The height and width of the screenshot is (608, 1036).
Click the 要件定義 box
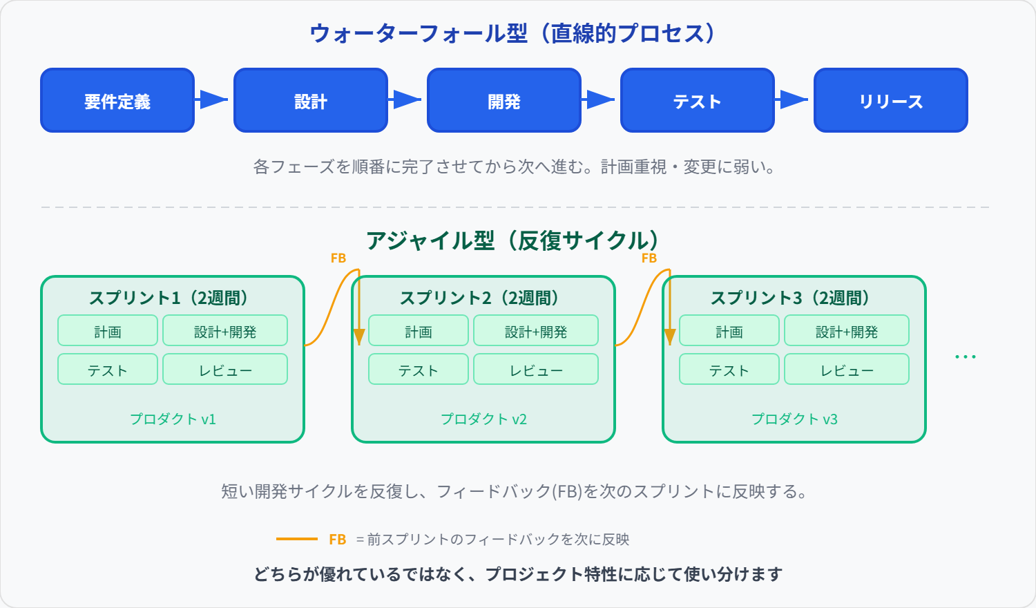click(x=117, y=100)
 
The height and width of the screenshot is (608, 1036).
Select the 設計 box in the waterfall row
click(x=311, y=100)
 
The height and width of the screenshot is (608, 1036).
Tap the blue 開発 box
click(x=504, y=100)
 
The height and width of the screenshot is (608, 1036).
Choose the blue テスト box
click(x=698, y=100)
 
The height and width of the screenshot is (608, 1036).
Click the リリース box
click(x=891, y=100)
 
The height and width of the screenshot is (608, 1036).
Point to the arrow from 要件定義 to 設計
click(x=213, y=99)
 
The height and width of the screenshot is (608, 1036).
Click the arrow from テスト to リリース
click(x=794, y=99)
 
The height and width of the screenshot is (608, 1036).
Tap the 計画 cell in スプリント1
click(x=108, y=331)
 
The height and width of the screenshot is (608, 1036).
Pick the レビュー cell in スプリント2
click(x=536, y=370)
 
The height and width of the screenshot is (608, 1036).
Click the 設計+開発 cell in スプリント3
click(x=847, y=331)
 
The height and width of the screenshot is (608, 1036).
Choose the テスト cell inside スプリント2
click(x=419, y=370)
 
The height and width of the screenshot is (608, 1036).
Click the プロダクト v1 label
click(x=173, y=419)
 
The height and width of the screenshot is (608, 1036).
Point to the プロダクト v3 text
click(x=794, y=419)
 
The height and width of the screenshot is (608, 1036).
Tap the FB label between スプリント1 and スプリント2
click(x=338, y=258)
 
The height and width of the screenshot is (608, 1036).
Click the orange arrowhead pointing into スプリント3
click(x=669, y=336)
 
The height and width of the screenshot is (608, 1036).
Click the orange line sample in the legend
click(x=297, y=539)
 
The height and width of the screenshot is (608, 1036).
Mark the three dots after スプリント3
click(x=965, y=357)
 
